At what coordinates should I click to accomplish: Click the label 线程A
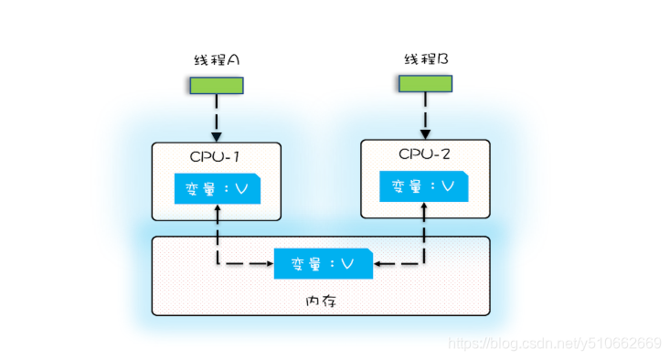point(217,59)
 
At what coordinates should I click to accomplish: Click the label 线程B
point(426,58)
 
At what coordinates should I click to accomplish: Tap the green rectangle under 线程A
point(217,85)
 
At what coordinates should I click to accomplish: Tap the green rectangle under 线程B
point(425,84)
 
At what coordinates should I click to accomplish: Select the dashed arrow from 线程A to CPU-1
point(217,118)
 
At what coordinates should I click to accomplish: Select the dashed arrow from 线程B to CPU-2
point(425,116)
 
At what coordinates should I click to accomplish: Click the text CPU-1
point(215,157)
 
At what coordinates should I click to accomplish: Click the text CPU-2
point(424,154)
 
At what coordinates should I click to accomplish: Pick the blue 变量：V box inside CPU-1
point(218,188)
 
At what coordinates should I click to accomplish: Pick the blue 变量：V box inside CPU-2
point(424,186)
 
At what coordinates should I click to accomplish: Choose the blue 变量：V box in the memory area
point(324,263)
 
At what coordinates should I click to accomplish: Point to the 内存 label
point(322,302)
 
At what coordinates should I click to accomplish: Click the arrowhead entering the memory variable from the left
point(270,263)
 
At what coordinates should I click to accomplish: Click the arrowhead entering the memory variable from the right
point(378,263)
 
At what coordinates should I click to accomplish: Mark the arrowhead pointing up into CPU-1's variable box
point(218,208)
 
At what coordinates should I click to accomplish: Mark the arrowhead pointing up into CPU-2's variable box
point(424,206)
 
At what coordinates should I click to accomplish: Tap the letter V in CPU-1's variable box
point(241,188)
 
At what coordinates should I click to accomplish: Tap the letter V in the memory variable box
point(347,263)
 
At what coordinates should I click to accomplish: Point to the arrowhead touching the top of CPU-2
point(425,134)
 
